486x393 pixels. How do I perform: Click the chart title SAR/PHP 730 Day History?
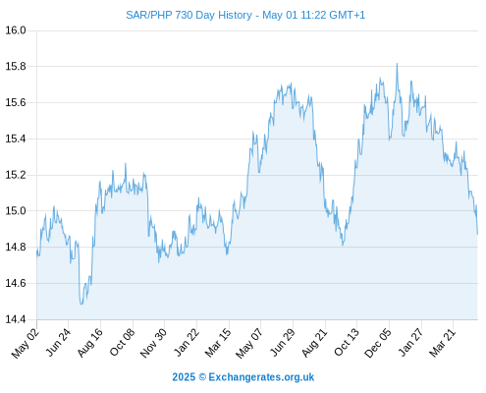coord(189,15)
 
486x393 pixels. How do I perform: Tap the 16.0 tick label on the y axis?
coord(16,30)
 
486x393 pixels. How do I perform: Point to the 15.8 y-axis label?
coord(16,67)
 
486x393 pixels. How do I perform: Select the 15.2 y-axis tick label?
coord(16,175)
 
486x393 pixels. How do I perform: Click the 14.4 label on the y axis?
coord(16,319)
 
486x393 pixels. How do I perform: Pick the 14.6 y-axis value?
coord(16,283)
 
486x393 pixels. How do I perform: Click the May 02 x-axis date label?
coord(26,343)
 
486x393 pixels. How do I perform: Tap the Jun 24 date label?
coord(58,343)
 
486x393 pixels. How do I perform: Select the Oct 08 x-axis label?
coord(122,343)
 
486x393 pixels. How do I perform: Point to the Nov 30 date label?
coord(153,343)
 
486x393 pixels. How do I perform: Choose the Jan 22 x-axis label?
coord(187,343)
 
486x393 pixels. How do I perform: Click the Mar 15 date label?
coord(218,343)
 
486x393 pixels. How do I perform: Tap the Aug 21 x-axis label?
coord(314,343)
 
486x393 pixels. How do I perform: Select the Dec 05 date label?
coord(378,343)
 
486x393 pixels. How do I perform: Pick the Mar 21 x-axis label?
coord(442,343)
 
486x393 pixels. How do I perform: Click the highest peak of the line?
coord(397,64)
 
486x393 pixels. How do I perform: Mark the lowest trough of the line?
coord(81,305)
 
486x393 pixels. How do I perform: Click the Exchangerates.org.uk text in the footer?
coord(261,377)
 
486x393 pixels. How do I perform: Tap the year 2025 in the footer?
coord(184,377)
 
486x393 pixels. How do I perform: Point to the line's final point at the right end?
coord(477,234)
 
